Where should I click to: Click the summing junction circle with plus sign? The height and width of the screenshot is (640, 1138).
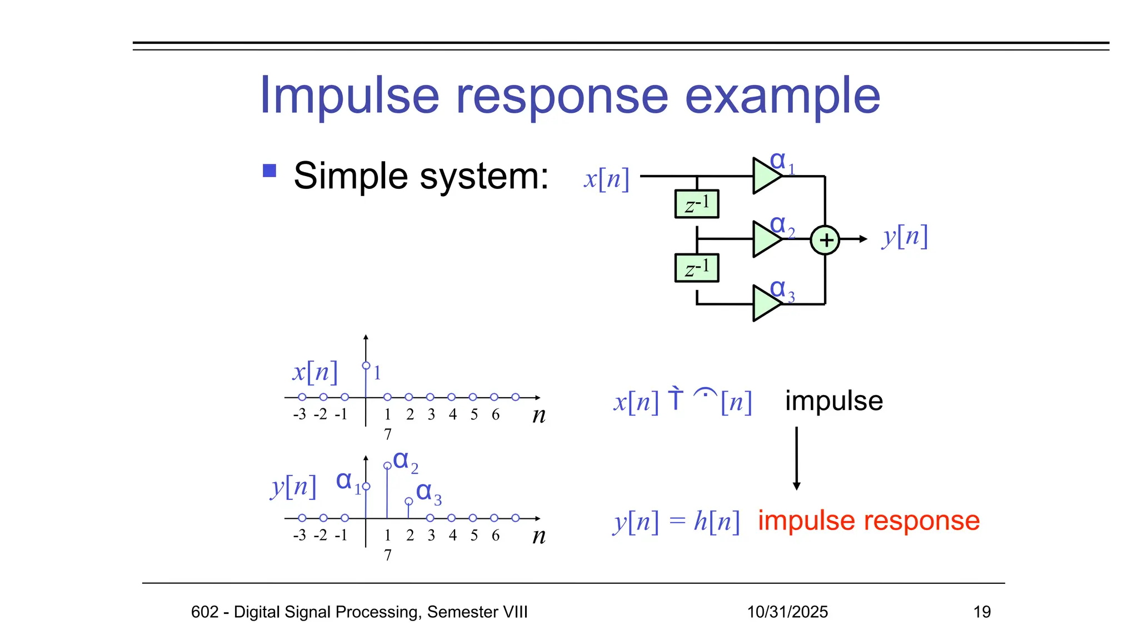coord(825,240)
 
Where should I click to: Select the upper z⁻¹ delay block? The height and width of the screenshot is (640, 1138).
coord(696,204)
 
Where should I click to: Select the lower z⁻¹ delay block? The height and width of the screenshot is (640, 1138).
coord(696,268)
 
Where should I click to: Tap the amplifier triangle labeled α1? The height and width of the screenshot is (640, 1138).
coord(766,176)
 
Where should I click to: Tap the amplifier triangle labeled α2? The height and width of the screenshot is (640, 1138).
coord(766,239)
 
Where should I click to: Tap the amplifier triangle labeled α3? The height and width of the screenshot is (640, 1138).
coord(766,303)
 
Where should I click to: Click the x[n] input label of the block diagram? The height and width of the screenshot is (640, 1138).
coord(606,179)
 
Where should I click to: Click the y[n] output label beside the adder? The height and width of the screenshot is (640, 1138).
coord(905,237)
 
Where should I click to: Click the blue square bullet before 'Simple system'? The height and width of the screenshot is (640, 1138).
coord(269,171)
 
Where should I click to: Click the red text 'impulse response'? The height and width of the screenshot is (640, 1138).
coord(869,521)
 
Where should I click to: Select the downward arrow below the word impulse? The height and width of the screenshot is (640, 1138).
coord(796,458)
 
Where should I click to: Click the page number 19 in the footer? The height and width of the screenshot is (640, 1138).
coord(981,612)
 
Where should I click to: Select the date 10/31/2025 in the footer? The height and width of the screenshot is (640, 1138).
coord(787,612)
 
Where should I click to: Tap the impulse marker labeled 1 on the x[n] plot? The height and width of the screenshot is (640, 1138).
coord(366,366)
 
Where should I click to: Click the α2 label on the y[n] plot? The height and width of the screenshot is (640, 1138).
coord(405,461)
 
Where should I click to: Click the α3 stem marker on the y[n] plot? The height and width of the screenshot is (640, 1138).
coord(409,502)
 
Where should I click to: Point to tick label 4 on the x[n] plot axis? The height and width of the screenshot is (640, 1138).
coord(452,414)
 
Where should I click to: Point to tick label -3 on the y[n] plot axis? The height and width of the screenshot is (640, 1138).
coord(300,535)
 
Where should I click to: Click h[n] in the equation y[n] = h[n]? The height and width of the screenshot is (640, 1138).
coord(716,522)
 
